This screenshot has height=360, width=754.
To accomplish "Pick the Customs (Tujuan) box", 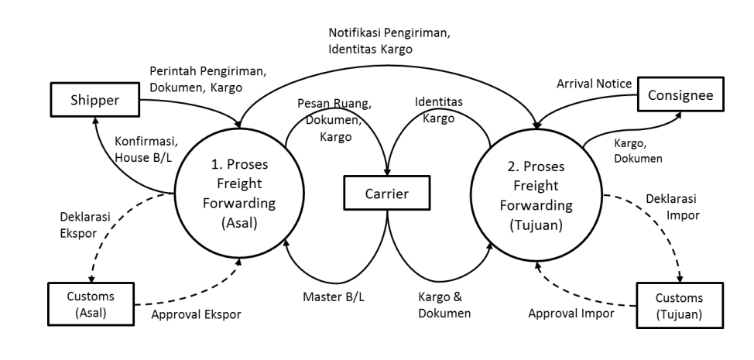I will click(x=680, y=305).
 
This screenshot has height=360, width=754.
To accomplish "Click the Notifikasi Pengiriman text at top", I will click(x=379, y=34).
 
